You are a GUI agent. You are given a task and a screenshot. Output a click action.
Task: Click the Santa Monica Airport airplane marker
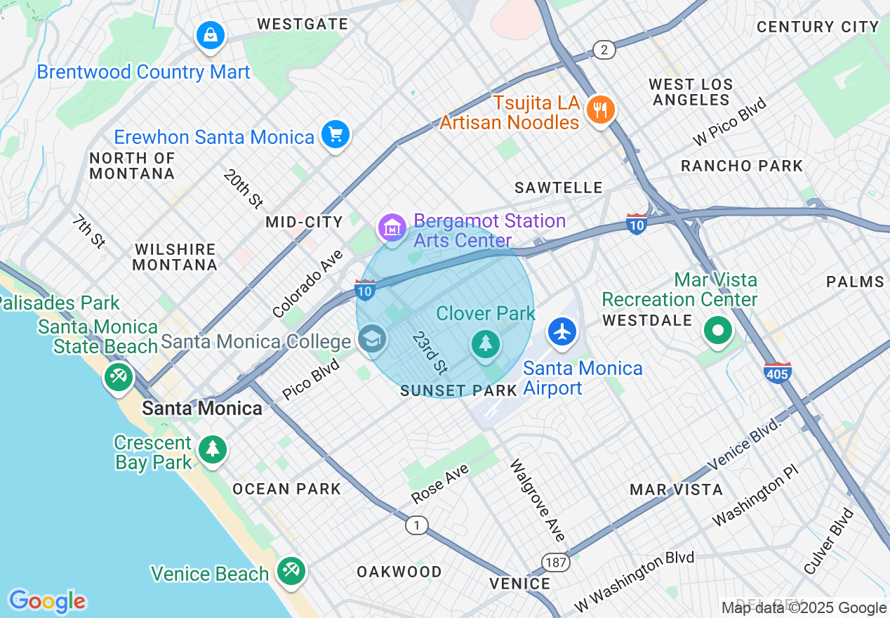coord(562,331)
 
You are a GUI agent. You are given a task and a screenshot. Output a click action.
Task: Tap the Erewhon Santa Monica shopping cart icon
coord(335,133)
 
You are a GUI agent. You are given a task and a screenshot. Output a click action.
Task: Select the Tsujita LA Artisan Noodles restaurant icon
coord(599,110)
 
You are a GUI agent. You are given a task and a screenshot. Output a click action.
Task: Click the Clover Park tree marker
coord(485,343)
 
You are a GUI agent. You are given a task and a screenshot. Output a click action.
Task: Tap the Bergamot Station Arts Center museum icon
coord(392,227)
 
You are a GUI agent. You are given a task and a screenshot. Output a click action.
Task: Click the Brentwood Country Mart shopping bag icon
coord(210,34)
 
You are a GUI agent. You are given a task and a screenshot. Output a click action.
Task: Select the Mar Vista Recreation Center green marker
coord(717,330)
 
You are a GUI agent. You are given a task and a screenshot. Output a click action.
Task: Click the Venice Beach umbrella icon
coord(290,570)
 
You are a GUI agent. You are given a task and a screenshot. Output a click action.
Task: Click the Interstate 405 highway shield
coord(778,373)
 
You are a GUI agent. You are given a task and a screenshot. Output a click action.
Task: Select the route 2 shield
coord(604,50)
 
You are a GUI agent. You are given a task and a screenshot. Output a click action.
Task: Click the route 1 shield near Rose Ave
coord(417,525)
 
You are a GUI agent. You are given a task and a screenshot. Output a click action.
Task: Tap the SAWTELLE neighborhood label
coord(558,188)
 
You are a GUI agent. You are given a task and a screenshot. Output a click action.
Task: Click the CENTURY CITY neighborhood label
coord(818,27)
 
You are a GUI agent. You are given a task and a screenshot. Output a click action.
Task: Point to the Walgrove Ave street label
coord(538,500)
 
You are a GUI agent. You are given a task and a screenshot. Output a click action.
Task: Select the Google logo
coord(48,601)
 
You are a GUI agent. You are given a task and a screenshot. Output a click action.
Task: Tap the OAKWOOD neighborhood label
coord(399,572)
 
